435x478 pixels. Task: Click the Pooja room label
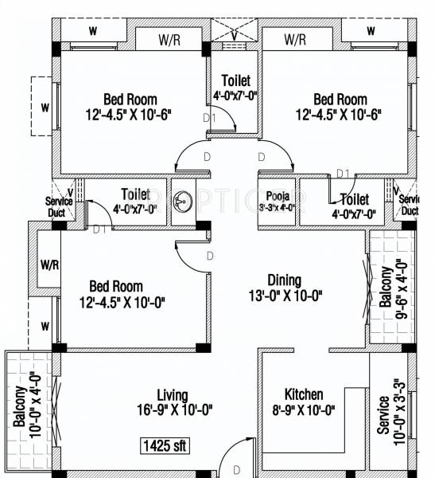278,194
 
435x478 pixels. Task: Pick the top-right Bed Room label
340,100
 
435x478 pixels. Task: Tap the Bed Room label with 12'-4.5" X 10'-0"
116,286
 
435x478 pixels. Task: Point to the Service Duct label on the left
58,206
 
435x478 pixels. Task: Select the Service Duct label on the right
409,205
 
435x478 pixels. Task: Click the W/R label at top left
168,38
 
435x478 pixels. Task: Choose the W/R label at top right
295,38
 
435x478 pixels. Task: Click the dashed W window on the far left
45,107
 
